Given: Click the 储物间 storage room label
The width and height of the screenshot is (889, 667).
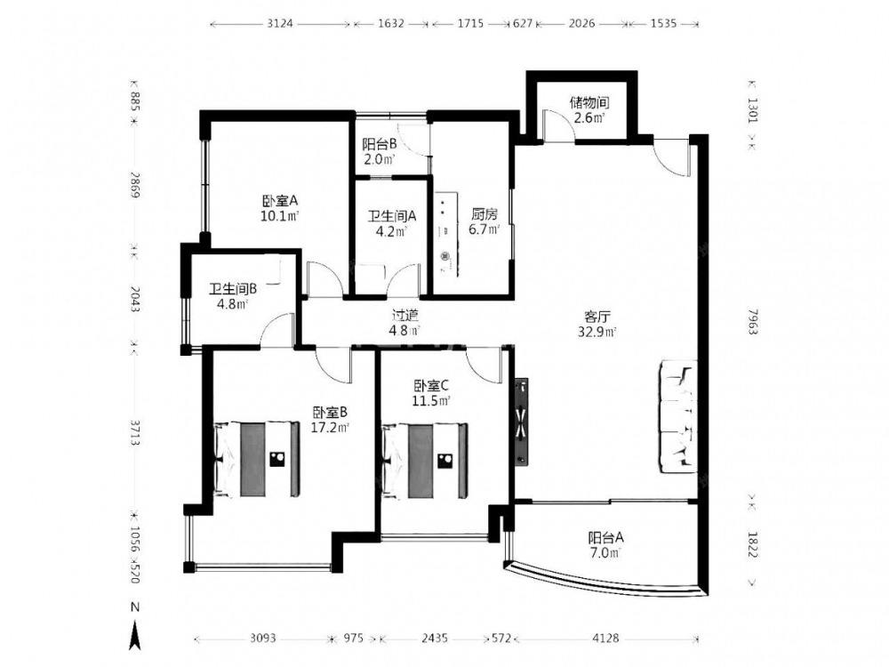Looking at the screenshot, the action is point(589,102).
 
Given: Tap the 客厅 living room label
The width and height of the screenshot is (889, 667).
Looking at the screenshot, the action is point(597,317).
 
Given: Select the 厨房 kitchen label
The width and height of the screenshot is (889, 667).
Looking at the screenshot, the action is point(485,214).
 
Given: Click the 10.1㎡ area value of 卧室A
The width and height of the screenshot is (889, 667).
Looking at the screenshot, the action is point(279,216).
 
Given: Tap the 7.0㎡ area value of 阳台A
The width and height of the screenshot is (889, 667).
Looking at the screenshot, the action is point(605,552).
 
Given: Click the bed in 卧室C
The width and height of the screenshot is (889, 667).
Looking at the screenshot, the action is point(425,460).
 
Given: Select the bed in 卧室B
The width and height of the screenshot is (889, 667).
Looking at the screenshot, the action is point(257,460).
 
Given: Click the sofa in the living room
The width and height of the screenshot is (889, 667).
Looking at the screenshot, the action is point(677,416).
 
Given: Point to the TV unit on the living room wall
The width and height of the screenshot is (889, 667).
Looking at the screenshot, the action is point(521,422).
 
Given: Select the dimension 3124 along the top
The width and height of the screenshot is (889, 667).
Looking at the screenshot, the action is point(280,23).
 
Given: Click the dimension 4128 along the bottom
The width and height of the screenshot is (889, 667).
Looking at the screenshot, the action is point(605,639).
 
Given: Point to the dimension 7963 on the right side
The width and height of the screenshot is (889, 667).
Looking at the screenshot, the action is point(752,322).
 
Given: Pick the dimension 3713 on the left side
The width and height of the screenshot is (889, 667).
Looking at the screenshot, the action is point(135,433).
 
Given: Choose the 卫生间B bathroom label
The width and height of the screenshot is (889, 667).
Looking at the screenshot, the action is point(233,289).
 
